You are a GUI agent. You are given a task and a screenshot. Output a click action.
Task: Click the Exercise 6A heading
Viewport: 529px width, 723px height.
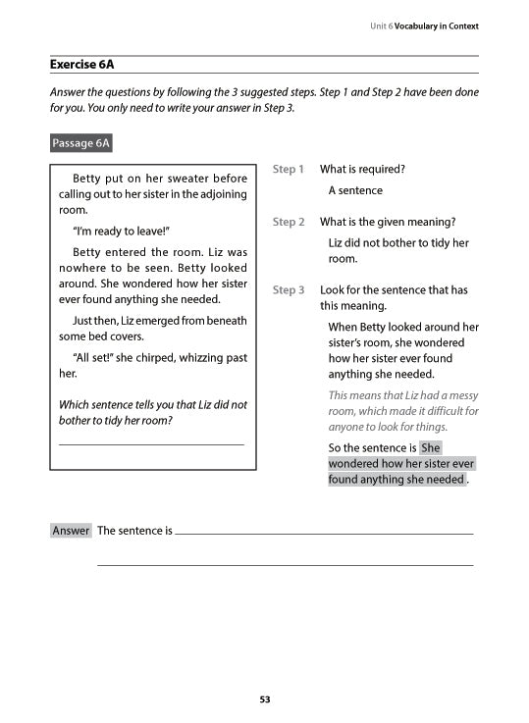click(82, 65)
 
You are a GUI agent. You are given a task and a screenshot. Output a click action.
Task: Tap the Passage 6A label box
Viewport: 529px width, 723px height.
click(81, 143)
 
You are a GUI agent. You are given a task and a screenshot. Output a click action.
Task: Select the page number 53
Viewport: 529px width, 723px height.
click(264, 699)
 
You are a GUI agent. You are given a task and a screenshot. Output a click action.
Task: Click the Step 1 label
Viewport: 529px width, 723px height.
click(288, 170)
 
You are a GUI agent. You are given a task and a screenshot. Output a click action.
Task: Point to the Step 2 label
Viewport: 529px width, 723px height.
click(288, 222)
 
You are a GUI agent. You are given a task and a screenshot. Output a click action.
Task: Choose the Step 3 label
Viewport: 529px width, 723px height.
click(288, 290)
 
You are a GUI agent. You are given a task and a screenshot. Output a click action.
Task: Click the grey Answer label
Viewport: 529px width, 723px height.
click(71, 531)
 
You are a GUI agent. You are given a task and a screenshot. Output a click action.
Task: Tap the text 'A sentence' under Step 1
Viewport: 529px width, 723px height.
click(355, 190)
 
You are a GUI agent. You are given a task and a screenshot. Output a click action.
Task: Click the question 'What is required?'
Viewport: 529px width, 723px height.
click(362, 170)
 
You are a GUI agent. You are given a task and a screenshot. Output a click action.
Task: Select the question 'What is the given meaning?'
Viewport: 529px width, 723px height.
click(388, 222)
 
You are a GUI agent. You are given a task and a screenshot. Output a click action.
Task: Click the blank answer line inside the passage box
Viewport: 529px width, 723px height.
click(152, 445)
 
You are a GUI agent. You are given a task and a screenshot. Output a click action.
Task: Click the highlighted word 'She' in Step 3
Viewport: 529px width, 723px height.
click(431, 448)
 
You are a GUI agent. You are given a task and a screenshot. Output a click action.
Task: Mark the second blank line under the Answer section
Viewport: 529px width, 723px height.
click(285, 565)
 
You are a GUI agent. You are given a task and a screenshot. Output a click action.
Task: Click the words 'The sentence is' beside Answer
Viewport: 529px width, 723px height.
click(134, 531)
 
